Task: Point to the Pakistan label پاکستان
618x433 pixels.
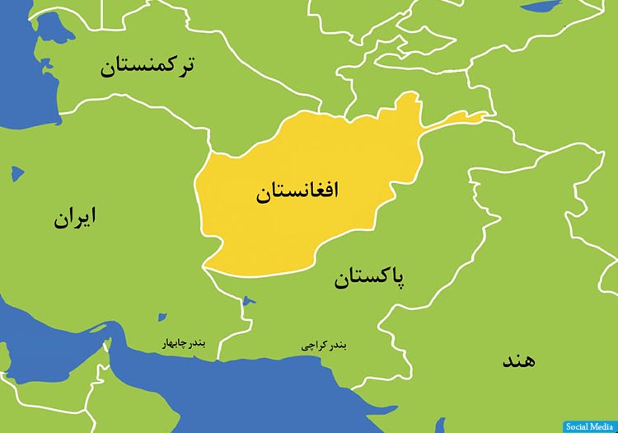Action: (370, 278)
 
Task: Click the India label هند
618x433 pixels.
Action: (517, 360)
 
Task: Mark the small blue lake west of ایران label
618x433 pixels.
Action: (16, 174)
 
